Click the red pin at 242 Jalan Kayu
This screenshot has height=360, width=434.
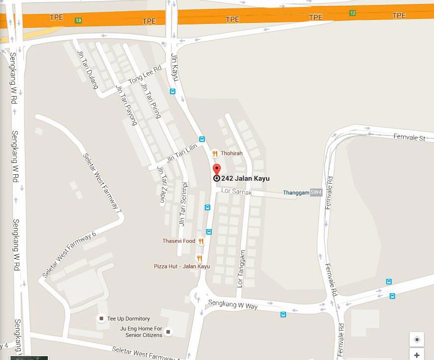(216, 169)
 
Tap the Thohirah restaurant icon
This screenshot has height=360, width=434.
(215, 153)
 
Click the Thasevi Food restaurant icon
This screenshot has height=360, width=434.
(201, 241)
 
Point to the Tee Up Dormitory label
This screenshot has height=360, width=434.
(129, 319)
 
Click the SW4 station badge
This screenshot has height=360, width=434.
(316, 192)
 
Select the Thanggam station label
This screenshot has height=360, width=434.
(296, 192)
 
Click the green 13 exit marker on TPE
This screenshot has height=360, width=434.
(78, 20)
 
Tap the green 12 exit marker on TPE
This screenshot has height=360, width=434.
(352, 12)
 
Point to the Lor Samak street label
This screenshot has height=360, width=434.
(237, 192)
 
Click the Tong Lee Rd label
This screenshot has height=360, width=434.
(145, 75)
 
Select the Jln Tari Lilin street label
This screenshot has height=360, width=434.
(182, 152)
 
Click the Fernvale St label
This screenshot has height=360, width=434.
(409, 137)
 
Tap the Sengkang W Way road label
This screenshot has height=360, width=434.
(238, 305)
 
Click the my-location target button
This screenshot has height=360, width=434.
(417, 339)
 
